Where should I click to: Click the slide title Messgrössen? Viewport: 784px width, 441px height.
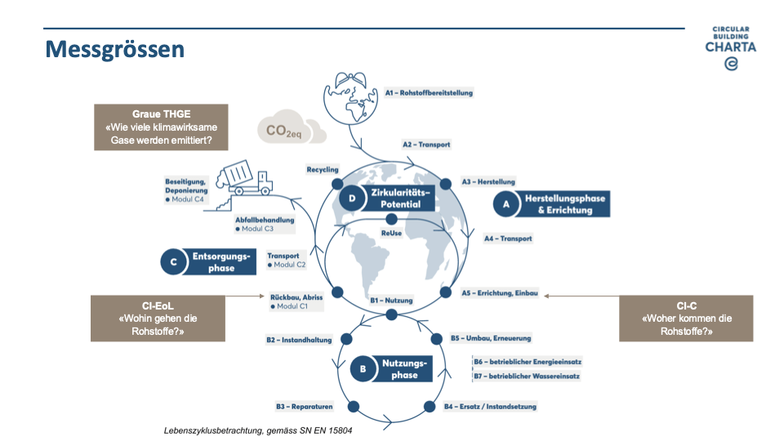coord(114,49)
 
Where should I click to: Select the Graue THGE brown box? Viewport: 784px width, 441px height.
coord(160,127)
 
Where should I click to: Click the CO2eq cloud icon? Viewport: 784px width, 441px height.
coord(290,130)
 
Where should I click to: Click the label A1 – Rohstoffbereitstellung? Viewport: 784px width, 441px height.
coord(429,93)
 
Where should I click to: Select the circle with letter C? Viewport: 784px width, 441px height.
coord(175,262)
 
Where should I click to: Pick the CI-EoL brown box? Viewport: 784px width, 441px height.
coord(158,318)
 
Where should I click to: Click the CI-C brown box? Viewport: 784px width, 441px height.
coord(686,318)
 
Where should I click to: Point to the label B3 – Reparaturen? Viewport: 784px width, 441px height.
coord(304,406)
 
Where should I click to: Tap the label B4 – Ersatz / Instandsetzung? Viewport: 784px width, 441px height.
coord(490,406)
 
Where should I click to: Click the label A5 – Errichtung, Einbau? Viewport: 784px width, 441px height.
coord(499,293)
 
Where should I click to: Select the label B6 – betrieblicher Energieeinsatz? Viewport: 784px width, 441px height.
coord(528,361)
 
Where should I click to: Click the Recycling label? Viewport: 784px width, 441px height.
coord(323,170)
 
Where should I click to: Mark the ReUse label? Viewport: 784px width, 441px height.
coord(393,234)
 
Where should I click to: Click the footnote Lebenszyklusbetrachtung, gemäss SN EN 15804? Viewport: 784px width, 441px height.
coord(258,430)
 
